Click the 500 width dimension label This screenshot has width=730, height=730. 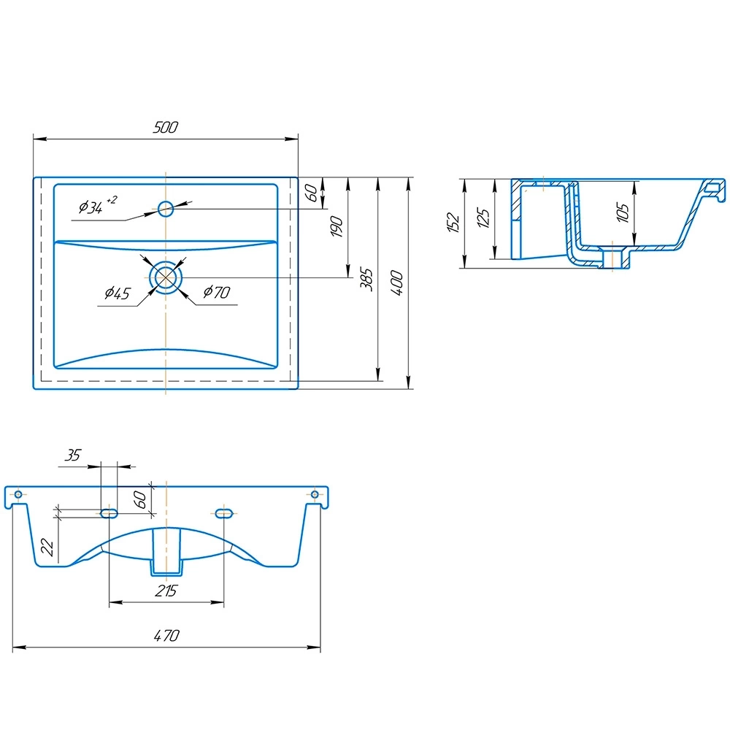click(165, 127)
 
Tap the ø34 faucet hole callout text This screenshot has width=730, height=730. click(97, 205)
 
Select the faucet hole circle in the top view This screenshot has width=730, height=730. click(166, 209)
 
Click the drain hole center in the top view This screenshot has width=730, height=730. click(166, 277)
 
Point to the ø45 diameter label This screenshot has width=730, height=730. click(118, 293)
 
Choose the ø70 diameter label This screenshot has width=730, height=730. click(217, 292)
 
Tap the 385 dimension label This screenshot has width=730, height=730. click(367, 280)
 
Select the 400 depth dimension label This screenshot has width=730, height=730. click(397, 282)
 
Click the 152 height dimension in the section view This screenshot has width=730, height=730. click(453, 222)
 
